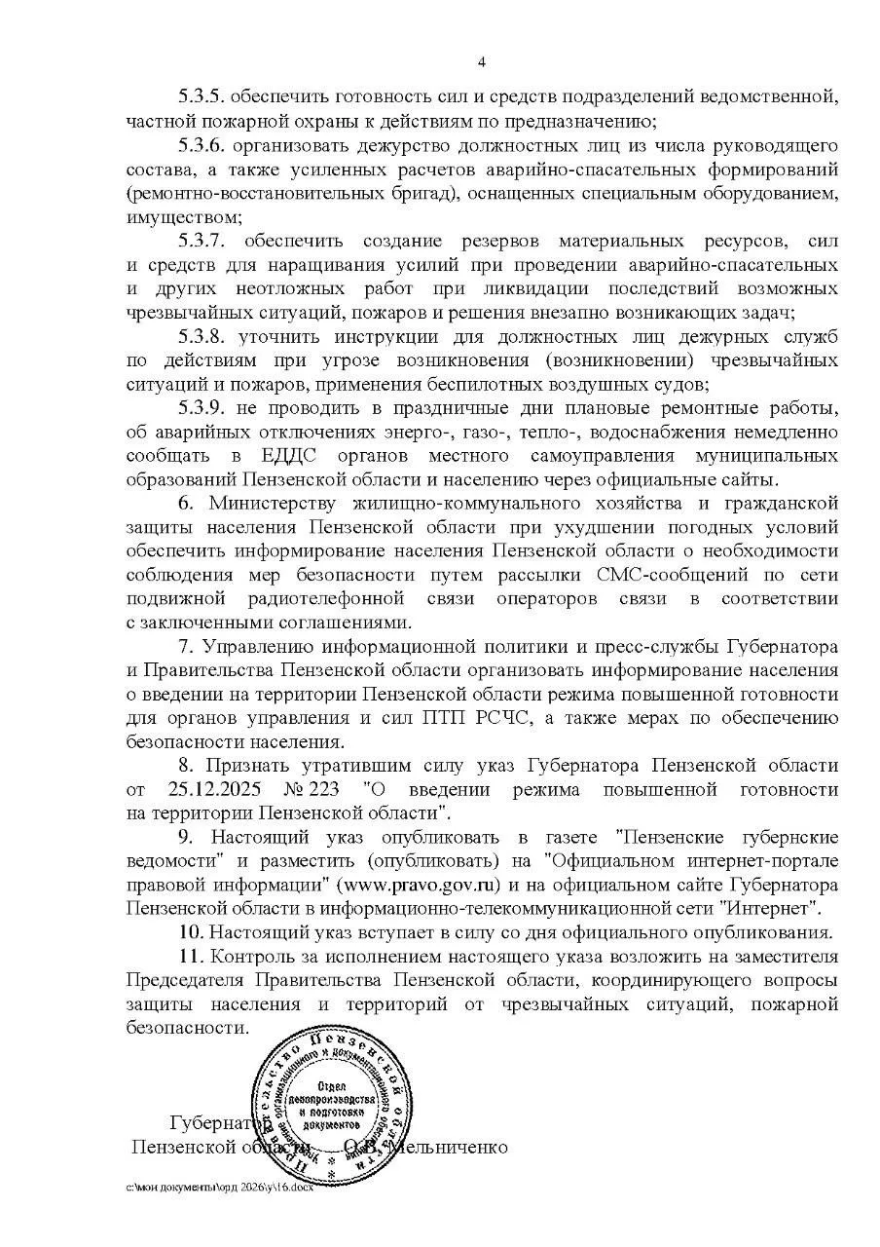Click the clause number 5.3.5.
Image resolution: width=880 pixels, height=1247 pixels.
202,97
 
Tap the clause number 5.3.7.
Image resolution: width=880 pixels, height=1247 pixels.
202,241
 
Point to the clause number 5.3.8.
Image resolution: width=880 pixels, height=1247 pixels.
202,336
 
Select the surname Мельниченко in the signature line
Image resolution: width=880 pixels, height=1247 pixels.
450,1147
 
